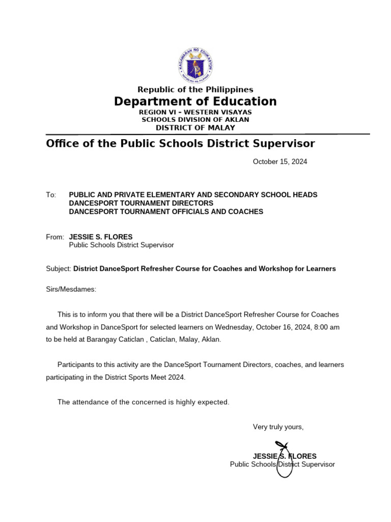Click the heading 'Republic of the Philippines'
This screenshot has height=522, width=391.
click(195, 90)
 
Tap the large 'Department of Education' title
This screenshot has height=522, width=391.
click(195, 101)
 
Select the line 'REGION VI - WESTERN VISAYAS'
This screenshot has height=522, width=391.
click(195, 112)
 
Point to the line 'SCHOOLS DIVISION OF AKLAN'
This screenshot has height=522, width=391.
click(195, 119)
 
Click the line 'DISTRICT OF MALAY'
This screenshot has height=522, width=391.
click(195, 127)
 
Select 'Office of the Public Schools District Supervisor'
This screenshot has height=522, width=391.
click(180, 144)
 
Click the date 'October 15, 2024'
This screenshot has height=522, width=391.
click(280, 162)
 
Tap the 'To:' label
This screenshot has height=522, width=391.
click(51, 195)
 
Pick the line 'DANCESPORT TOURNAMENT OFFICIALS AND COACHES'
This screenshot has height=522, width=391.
click(166, 211)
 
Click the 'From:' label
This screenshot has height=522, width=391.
click(55, 237)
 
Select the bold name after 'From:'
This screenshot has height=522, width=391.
click(100, 237)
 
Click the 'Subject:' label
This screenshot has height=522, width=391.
click(59, 269)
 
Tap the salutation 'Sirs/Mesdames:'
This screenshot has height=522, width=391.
click(71, 290)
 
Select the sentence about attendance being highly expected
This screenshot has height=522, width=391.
click(143, 402)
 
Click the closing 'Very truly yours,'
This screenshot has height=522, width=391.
click(278, 427)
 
